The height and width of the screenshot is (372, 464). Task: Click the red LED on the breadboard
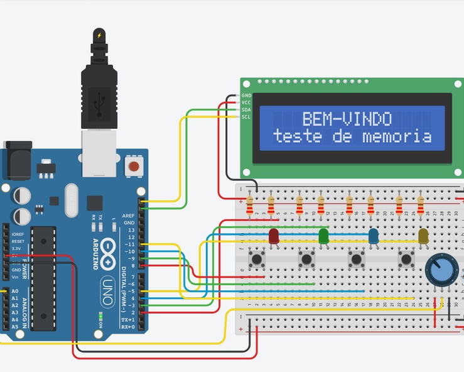[x=274, y=236]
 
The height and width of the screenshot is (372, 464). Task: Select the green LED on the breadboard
[x=324, y=236]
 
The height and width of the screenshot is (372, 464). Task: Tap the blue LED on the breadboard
[x=374, y=236]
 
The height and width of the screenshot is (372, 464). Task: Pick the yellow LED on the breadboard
[x=424, y=236]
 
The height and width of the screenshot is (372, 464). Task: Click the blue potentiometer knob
[x=439, y=270]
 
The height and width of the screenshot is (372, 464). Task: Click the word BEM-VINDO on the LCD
[x=347, y=119]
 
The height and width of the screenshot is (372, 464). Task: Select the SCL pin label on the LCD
[x=246, y=117]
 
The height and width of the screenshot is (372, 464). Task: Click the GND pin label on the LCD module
[x=246, y=96]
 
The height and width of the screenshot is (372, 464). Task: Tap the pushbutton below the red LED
[x=256, y=258]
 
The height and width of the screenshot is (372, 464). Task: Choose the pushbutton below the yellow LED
[x=407, y=258]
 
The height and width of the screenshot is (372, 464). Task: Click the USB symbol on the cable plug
[x=99, y=100]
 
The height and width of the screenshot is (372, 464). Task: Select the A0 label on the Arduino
[x=15, y=291]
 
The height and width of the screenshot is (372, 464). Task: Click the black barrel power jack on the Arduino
[x=17, y=162]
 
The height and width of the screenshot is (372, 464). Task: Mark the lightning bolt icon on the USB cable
[x=99, y=35]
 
